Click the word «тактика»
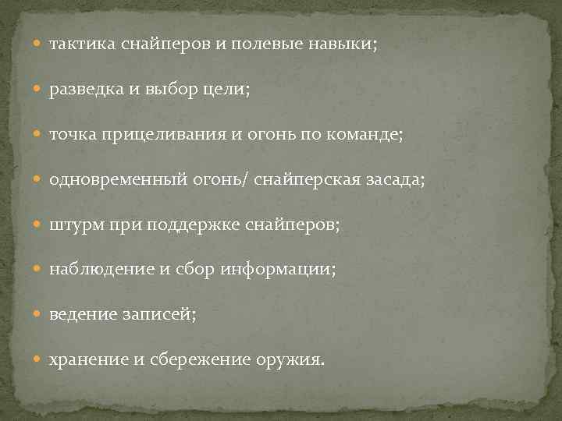pyautogui.click(x=83, y=44)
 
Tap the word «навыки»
pyautogui.click(x=340, y=44)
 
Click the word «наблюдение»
pyautogui.click(x=99, y=270)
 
